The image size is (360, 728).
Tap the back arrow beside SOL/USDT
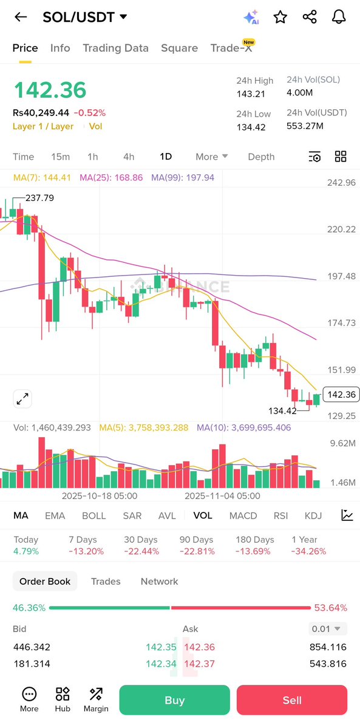pos(21,17)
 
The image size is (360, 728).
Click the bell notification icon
pos(339,17)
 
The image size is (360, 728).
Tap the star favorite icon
pos(280,17)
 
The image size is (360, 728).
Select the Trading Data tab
pos(115,48)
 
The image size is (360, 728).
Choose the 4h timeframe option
pos(129,157)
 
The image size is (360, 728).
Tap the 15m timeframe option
pos(60,157)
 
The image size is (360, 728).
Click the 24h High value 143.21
pos(251,94)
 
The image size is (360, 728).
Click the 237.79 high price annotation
pos(39,198)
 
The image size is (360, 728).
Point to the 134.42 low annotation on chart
pos(282,411)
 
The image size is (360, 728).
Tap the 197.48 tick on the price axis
pos(341,276)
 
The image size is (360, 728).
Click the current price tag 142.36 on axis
pos(341,395)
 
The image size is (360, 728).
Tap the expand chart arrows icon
pos(22,399)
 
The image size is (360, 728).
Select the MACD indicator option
pos(243,515)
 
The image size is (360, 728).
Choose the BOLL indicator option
pos(93,515)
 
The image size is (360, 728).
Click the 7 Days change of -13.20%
pos(86,551)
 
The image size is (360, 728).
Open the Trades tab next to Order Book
pos(106,581)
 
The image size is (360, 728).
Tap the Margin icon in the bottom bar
pos(96,699)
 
